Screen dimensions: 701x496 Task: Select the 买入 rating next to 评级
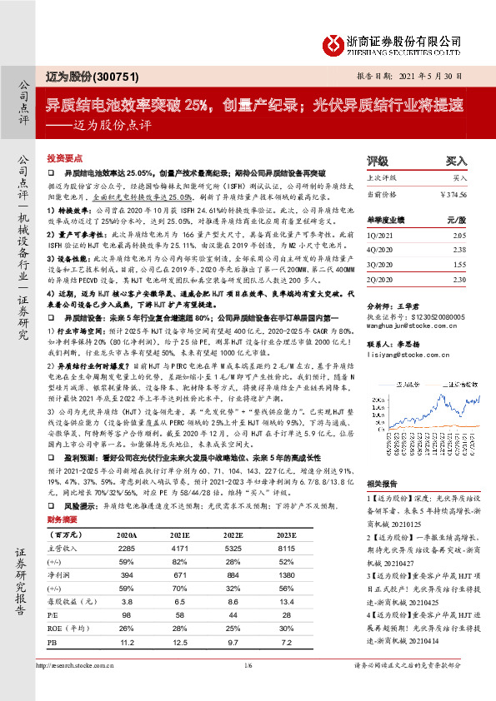click(456, 160)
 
